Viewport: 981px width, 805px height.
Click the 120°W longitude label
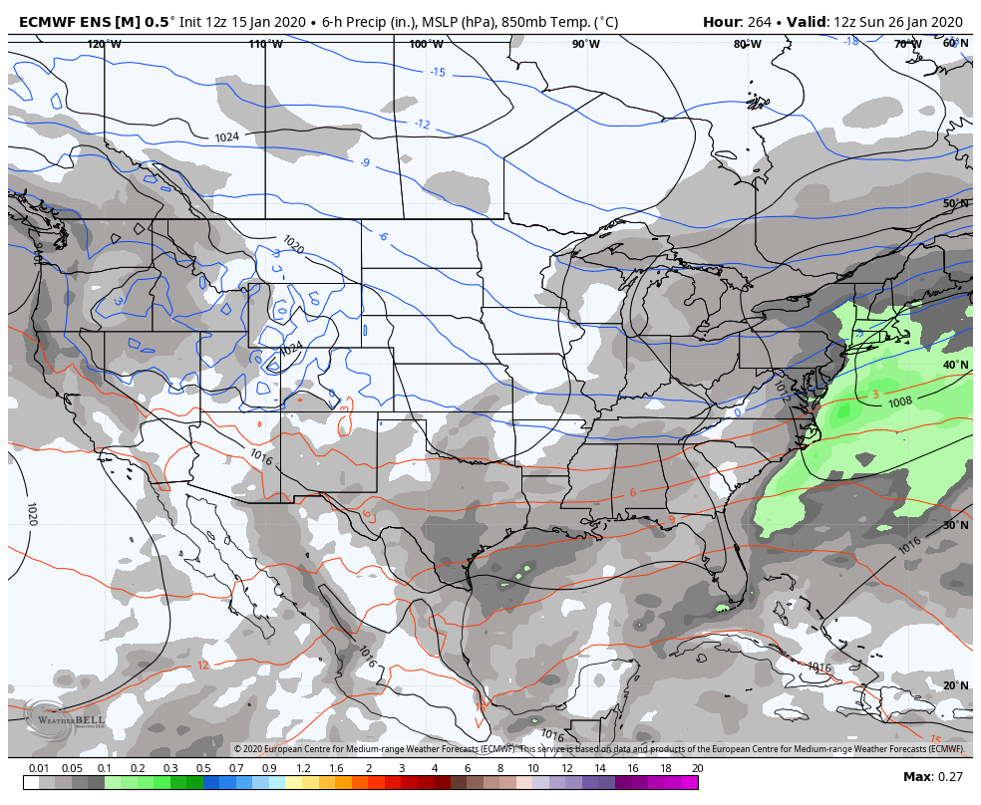click(x=104, y=44)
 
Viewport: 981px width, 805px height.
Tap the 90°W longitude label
click(x=586, y=44)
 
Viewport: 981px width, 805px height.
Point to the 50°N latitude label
click(x=956, y=203)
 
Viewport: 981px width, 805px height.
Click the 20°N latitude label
click(x=956, y=685)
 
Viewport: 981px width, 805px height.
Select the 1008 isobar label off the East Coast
click(x=900, y=402)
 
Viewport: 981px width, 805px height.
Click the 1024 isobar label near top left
click(x=227, y=137)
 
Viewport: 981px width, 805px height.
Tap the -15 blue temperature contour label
click(x=438, y=72)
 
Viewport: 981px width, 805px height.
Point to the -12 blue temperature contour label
click(x=422, y=124)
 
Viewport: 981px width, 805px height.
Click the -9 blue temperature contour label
click(x=365, y=162)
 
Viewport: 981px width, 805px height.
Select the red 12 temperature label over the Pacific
click(x=202, y=666)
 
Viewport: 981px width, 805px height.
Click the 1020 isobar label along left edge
click(x=31, y=514)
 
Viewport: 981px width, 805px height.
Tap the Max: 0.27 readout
click(x=933, y=777)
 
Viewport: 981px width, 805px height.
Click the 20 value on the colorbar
click(x=697, y=768)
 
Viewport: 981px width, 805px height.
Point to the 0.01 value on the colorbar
click(x=39, y=768)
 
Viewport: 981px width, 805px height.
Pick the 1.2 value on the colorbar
click(x=302, y=768)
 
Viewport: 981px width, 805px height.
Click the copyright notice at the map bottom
click(x=598, y=749)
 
